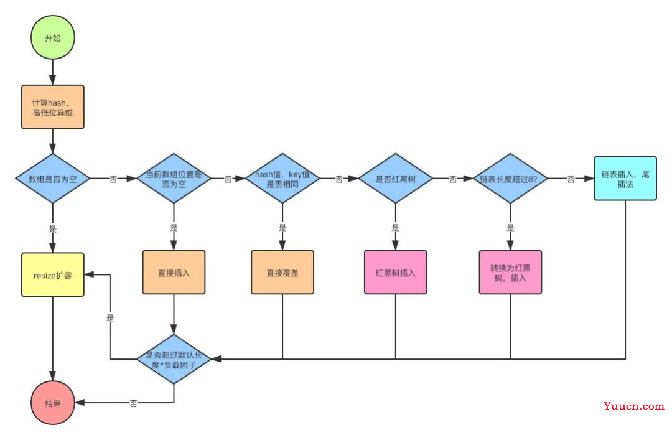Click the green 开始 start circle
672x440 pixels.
pyautogui.click(x=53, y=38)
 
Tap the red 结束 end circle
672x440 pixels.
pyautogui.click(x=53, y=403)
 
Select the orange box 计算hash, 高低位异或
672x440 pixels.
pyautogui.click(x=53, y=107)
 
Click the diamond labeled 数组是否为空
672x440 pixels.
pyautogui.click(x=53, y=179)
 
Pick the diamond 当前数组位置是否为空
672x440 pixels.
pyautogui.click(x=174, y=179)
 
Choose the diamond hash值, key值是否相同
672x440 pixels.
pyautogui.click(x=282, y=179)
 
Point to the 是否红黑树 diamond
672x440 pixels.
pyautogui.click(x=396, y=179)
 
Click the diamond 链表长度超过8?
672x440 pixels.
pyautogui.click(x=510, y=179)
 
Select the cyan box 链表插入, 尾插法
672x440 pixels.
pyautogui.click(x=625, y=179)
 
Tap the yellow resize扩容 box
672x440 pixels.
pyautogui.click(x=53, y=275)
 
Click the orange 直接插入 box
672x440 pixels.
pyautogui.click(x=174, y=273)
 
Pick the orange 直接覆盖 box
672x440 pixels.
pyautogui.click(x=282, y=273)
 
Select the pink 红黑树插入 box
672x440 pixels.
pyautogui.click(x=396, y=273)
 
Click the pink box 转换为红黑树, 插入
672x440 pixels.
pyautogui.click(x=510, y=273)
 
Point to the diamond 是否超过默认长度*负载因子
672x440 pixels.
pyautogui.click(x=174, y=359)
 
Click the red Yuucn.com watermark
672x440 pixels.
pyautogui.click(x=634, y=406)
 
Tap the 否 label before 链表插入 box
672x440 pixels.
pyautogui.click(x=571, y=179)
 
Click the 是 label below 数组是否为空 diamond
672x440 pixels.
pyautogui.click(x=53, y=229)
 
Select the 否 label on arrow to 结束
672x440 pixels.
pyautogui.click(x=133, y=403)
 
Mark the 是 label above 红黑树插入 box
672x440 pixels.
pyautogui.click(x=396, y=228)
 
